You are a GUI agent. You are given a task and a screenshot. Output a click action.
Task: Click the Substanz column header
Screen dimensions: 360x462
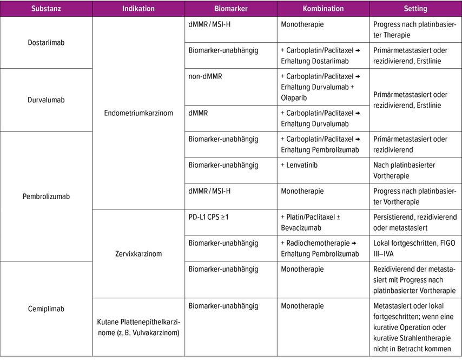pos(46,9)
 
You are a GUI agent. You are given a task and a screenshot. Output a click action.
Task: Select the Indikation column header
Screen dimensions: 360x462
pos(138,9)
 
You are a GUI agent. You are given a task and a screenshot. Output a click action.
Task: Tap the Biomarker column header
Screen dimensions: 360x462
pos(230,9)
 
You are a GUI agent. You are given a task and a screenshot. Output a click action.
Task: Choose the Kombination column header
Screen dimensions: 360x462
pos(323,9)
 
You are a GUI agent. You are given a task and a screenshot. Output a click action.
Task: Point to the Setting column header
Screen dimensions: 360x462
pos(415,9)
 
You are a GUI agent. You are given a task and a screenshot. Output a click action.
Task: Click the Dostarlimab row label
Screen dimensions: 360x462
pos(46,42)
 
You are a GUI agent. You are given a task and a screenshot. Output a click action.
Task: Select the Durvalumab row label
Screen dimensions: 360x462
pos(46,100)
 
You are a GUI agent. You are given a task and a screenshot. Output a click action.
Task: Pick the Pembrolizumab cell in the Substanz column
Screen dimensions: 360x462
pos(46,197)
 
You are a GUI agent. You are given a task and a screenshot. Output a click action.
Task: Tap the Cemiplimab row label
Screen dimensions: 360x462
pos(46,309)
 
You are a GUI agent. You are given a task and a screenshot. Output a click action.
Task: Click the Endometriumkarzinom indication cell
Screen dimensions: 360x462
pos(138,113)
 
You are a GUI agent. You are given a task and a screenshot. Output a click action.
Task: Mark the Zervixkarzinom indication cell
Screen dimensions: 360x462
pos(138,253)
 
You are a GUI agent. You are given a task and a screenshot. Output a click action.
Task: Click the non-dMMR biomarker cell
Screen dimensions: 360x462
pos(205,76)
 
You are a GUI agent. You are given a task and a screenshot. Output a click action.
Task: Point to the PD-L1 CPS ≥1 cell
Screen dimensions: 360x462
pos(209,217)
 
